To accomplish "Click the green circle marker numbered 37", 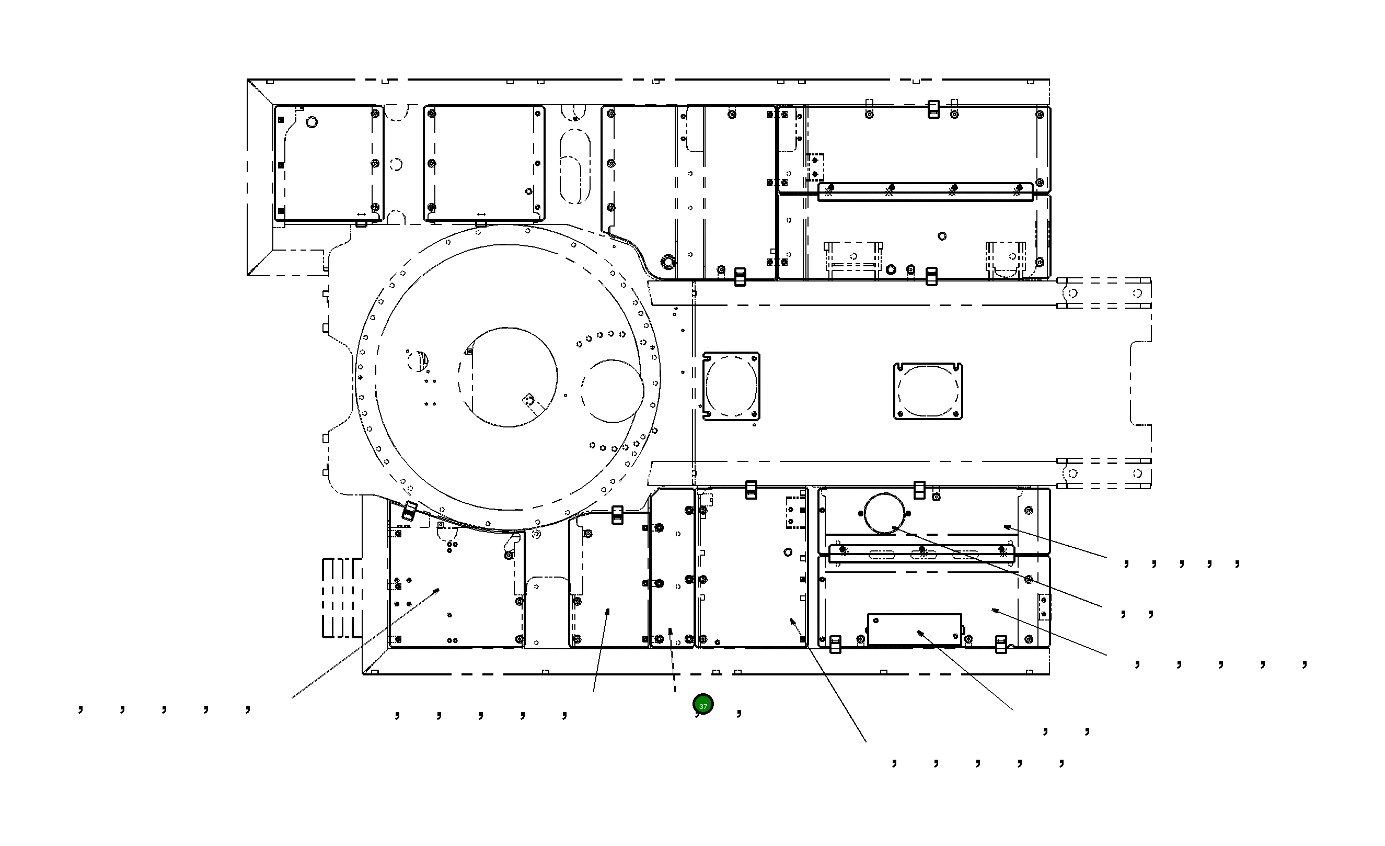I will pyautogui.click(x=702, y=704).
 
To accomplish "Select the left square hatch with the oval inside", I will pyautogui.click(x=731, y=387).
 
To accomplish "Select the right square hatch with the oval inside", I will pyautogui.click(x=928, y=391).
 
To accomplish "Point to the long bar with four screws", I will pyautogui.click(x=925, y=192).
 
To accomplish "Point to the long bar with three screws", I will pyautogui.click(x=922, y=553).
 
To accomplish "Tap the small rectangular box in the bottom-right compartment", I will pyautogui.click(x=914, y=629).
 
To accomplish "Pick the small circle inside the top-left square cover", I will pyautogui.click(x=311, y=121).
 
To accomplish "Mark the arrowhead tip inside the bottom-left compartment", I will pyautogui.click(x=439, y=589).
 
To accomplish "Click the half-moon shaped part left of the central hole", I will pyautogui.click(x=419, y=359).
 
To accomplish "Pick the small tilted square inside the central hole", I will pyautogui.click(x=528, y=399).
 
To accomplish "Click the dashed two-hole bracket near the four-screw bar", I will pyautogui.click(x=815, y=166).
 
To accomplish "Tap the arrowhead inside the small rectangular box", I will pyautogui.click(x=918, y=632).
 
